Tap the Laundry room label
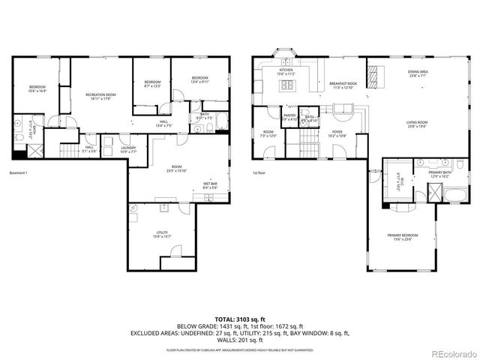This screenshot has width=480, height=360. click(128, 149)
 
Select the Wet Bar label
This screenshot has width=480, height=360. click(210, 185)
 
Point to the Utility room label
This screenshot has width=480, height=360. click(162, 234)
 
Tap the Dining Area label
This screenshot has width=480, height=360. click(418, 74)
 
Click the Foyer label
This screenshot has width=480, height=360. click(337, 134)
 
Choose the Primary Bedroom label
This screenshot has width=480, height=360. click(403, 237)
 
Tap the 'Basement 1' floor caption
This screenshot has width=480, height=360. click(18, 174)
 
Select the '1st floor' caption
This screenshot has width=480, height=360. click(259, 174)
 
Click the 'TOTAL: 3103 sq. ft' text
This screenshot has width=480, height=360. click(239, 319)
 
